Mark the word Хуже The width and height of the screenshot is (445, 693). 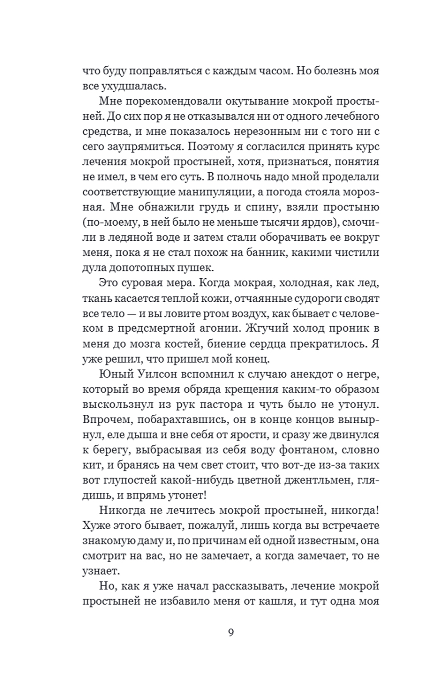(x=96, y=526)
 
